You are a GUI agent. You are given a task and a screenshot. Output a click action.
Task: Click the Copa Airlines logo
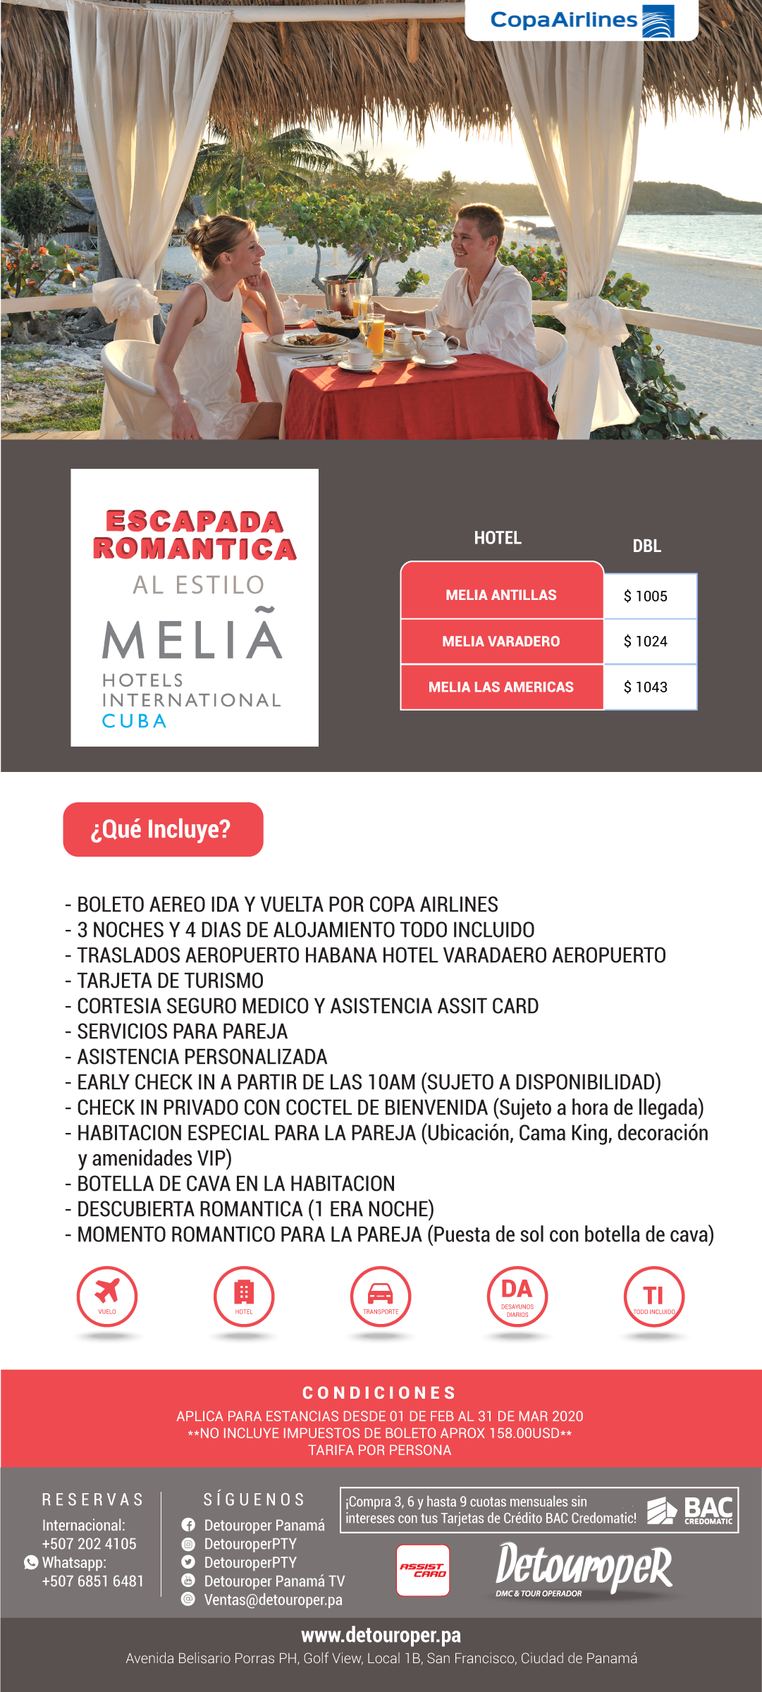click(582, 20)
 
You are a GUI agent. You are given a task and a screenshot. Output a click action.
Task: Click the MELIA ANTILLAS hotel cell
click(501, 594)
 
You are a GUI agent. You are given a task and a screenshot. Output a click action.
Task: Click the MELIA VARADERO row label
click(501, 642)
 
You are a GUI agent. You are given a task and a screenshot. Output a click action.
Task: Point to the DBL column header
click(646, 546)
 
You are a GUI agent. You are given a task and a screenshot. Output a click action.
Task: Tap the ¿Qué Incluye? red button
click(163, 829)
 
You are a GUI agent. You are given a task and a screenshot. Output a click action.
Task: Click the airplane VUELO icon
click(107, 1296)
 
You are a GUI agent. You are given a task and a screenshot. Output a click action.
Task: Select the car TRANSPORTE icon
click(381, 1296)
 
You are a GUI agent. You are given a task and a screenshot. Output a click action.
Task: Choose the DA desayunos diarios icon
click(517, 1296)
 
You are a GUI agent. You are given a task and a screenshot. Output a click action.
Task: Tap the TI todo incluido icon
click(653, 1296)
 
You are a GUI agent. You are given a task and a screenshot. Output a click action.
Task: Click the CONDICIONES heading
click(380, 1393)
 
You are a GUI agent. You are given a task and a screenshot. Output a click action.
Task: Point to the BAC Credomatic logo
click(691, 1510)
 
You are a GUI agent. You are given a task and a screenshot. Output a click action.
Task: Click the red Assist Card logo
click(423, 1570)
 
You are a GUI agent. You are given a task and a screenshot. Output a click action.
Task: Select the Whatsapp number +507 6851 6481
click(93, 1581)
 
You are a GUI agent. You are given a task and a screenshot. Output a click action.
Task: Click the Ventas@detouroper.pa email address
click(274, 1600)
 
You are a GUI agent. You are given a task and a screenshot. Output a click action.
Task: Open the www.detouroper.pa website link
click(381, 1635)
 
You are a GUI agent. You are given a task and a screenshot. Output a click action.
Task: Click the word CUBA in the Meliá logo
click(135, 721)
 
